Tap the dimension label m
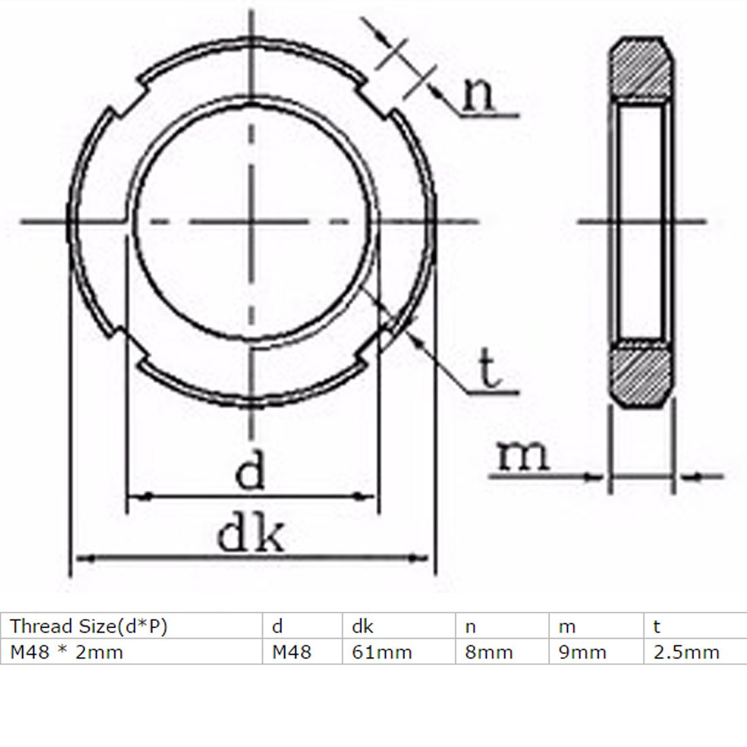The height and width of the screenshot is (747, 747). pos(522,456)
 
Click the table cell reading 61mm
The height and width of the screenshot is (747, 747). pos(382,652)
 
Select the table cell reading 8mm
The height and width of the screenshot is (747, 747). pos(489,652)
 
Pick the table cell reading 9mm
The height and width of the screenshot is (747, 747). pos(583,652)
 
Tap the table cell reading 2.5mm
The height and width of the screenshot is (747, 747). pos(686,652)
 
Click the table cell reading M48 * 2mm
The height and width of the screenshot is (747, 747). pos(67,652)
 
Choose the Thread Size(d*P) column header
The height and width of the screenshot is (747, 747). pos(88,626)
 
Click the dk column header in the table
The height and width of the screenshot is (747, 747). pos(362,626)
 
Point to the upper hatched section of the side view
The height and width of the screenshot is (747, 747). pos(642,69)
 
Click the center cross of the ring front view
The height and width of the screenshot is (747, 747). pos(251,221)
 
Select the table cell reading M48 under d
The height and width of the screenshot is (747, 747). pos(291,652)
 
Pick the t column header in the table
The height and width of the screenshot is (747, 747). pos(657,626)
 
